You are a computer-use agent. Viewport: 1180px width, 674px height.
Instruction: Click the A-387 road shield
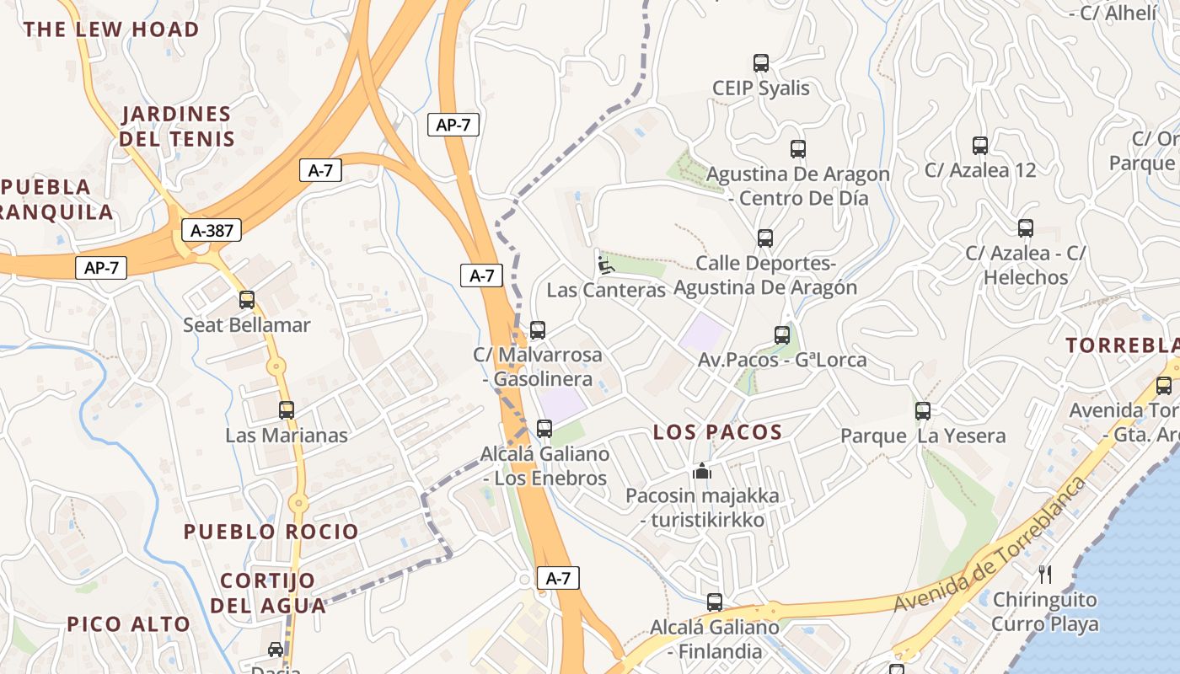[212, 230]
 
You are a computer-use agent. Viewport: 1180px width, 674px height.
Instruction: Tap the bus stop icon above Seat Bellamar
[247, 299]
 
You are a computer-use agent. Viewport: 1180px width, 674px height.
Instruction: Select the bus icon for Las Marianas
[287, 410]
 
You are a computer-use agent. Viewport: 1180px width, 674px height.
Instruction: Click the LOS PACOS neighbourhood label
[718, 432]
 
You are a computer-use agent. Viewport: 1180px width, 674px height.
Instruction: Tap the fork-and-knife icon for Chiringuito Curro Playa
[1045, 575]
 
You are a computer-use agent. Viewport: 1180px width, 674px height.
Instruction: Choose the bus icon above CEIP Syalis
[761, 62]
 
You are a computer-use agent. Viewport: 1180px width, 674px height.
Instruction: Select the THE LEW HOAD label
[111, 29]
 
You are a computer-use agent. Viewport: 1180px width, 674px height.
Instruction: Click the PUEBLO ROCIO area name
[271, 532]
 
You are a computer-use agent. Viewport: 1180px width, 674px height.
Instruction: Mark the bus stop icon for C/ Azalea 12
[980, 145]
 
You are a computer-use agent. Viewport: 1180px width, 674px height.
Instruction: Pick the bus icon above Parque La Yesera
[923, 410]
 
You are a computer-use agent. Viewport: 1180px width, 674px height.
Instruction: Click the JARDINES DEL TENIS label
[177, 126]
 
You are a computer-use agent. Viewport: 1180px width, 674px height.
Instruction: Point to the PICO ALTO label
[129, 624]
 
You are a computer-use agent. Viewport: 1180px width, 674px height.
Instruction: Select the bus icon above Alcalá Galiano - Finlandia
[715, 602]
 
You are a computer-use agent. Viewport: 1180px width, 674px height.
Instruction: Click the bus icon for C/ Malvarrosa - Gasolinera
[538, 329]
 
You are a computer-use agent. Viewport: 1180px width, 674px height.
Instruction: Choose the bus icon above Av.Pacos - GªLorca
[782, 334]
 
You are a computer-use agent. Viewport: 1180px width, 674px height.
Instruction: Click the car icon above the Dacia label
[276, 649]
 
